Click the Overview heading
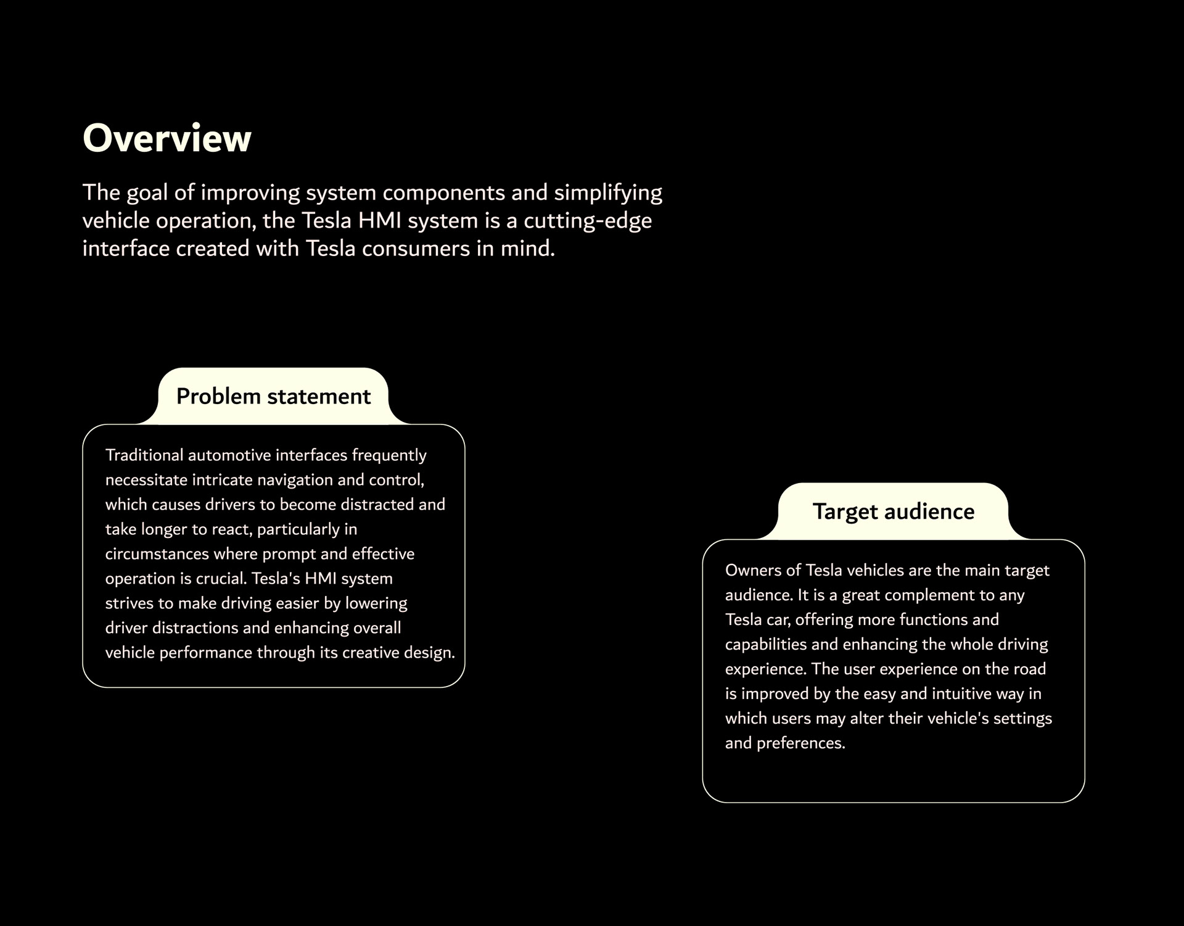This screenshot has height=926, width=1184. click(x=166, y=138)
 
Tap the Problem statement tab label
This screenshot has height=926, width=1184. click(x=273, y=397)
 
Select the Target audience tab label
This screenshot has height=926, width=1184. click(x=893, y=512)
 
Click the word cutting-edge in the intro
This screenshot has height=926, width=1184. click(x=587, y=221)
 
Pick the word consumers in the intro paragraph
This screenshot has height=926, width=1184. click(x=416, y=249)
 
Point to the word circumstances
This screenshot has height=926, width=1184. click(x=157, y=554)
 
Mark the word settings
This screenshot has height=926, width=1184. click(x=1022, y=719)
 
